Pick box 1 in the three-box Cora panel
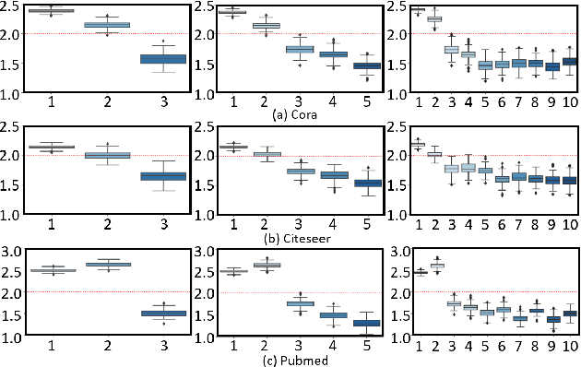[x=57, y=11]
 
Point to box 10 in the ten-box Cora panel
[x=570, y=61]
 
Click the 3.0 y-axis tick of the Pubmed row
[x=12, y=251]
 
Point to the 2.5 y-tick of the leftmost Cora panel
[x=12, y=7]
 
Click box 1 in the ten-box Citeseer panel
[x=418, y=145]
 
